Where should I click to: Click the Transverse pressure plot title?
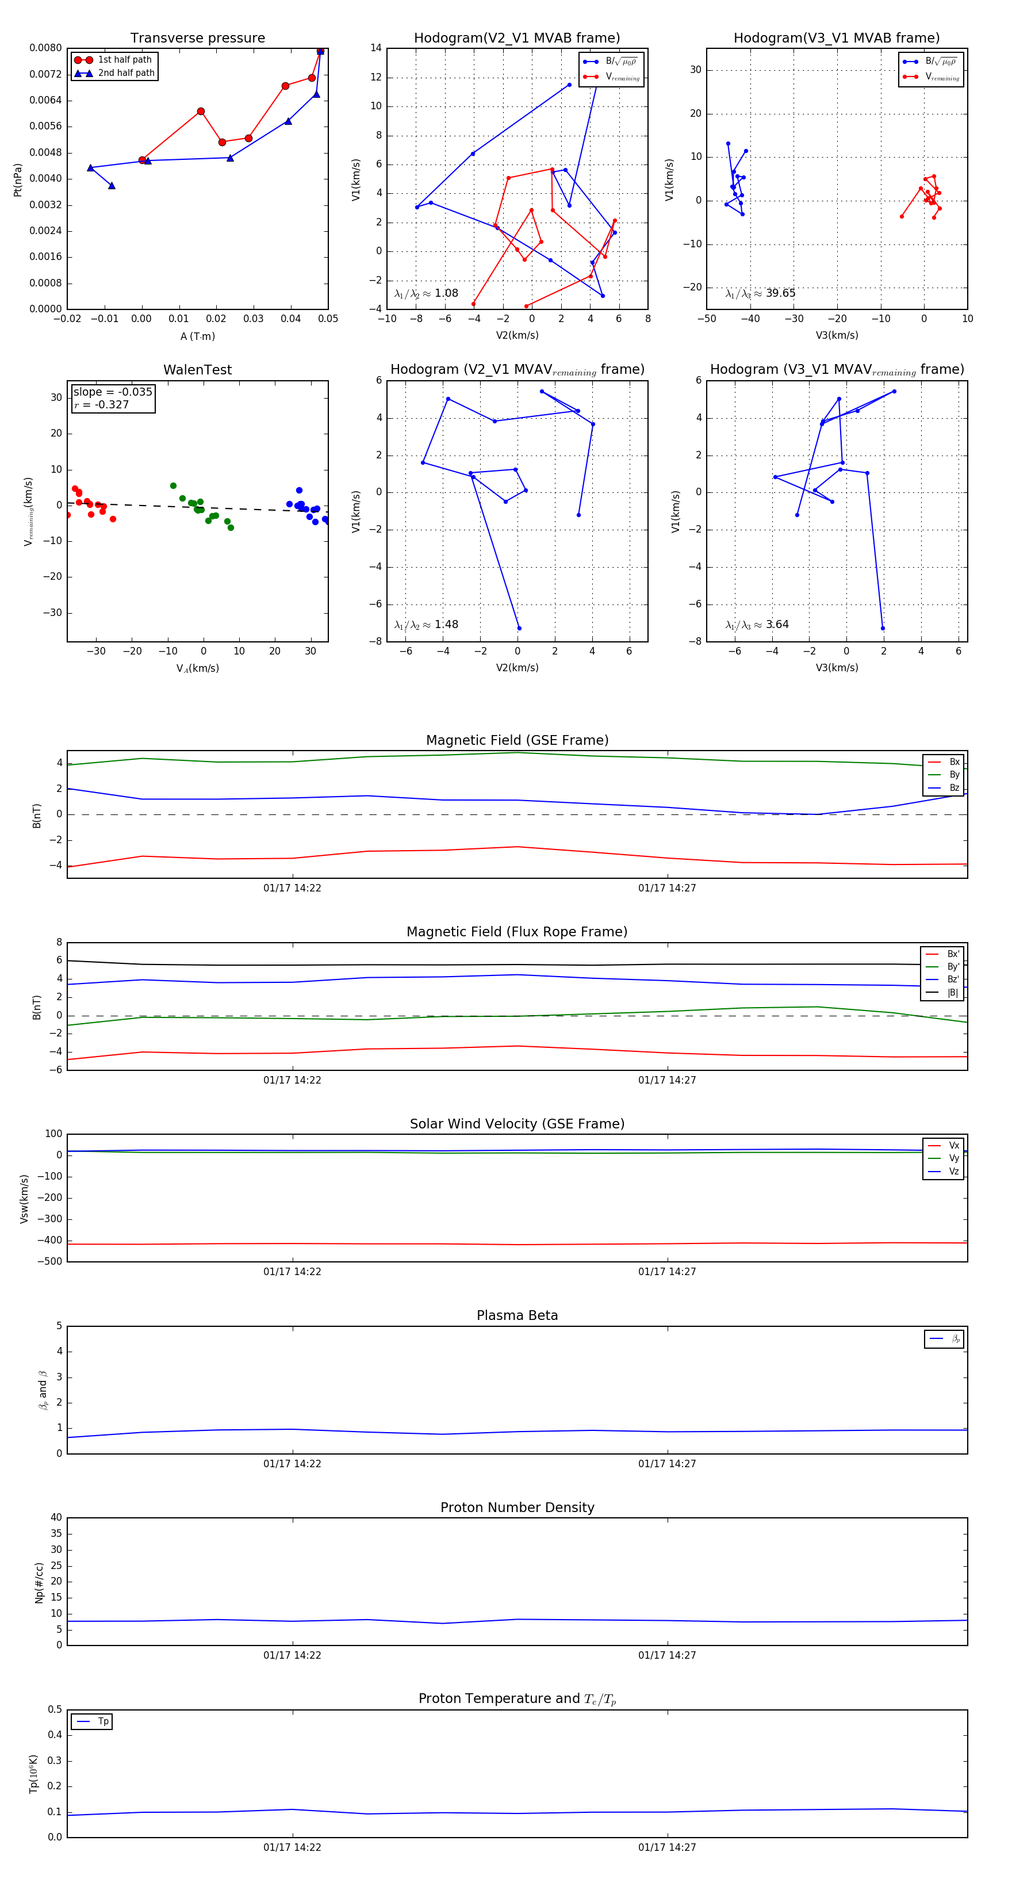point(197,39)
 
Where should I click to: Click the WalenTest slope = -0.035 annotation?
point(113,392)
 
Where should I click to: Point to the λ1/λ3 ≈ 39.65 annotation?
point(760,293)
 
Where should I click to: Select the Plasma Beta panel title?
point(517,1315)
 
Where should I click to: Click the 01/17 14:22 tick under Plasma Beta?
point(293,1463)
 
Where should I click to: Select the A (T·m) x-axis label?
point(197,336)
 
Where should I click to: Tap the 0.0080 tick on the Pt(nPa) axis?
point(45,48)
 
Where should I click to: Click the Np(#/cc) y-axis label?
point(39,1583)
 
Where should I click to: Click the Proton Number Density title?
point(517,1507)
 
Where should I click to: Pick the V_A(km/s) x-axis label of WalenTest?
point(197,668)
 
